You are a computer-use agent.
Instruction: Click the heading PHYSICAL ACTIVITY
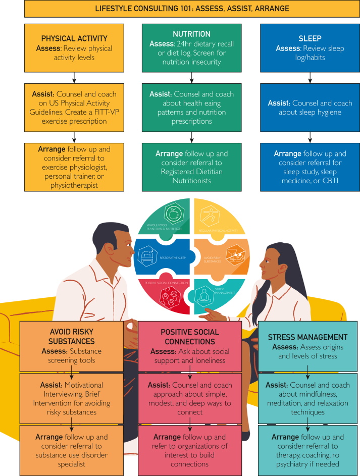74,39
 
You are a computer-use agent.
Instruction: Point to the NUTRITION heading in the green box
191,34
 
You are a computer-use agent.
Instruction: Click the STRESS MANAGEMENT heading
307,337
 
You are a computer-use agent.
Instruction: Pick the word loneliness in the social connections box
208,361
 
